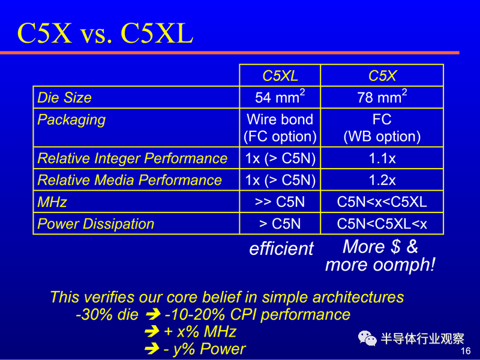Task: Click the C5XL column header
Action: pos(280,76)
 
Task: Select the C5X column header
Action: pos(382,76)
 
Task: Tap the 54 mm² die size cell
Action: pos(280,97)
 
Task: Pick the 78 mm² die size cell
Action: pos(382,97)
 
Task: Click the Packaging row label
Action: pos(71,120)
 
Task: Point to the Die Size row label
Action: pos(64,98)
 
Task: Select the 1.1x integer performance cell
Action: pos(382,158)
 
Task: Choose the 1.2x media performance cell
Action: pos(382,181)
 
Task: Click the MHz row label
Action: pos(52,202)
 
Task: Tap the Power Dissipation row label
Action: pos(95,224)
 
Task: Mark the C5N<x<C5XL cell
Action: pos(382,202)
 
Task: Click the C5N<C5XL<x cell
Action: pos(382,224)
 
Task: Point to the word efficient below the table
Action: pos(281,248)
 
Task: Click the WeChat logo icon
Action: pos(367,338)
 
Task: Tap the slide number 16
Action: pos(466,351)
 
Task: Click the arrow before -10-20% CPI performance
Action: pos(153,314)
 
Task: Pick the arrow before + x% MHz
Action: pos(152,332)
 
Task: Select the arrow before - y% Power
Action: pos(152,349)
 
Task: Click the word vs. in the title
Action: pos(95,34)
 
